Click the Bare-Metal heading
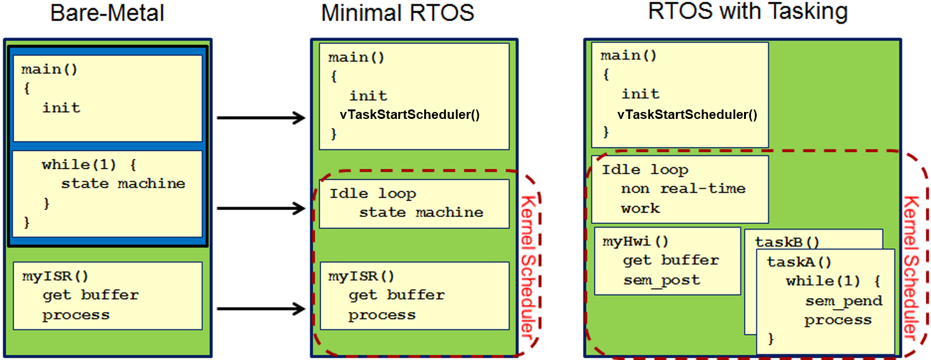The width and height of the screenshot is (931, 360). click(107, 13)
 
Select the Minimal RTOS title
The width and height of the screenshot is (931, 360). click(397, 13)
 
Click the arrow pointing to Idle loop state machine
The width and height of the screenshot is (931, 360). click(261, 207)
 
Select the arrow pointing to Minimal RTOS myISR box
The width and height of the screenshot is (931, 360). click(261, 309)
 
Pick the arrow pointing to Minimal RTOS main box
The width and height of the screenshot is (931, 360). click(261, 118)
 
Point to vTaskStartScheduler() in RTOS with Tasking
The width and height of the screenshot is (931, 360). click(687, 114)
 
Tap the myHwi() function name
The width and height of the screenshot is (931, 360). click(635, 241)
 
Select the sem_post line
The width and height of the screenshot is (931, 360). click(661, 280)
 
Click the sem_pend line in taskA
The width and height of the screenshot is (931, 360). click(844, 301)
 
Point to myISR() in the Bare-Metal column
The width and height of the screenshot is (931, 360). click(55, 276)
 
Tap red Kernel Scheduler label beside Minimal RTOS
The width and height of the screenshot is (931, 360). click(527, 265)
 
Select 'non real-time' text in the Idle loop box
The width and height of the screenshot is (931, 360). click(683, 189)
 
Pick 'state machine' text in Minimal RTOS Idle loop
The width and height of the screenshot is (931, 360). click(421, 212)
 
